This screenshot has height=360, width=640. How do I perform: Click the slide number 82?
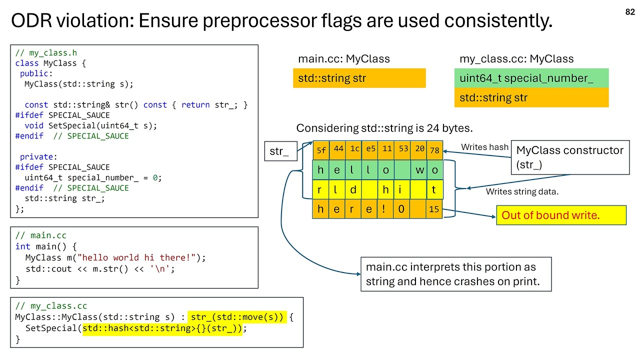630,12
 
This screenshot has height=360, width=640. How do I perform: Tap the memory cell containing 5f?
320,149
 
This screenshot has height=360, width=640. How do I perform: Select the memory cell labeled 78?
434,149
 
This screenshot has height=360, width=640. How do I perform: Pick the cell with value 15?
434,209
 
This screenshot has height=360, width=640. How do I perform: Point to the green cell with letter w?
419,170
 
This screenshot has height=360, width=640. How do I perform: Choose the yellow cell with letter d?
353,190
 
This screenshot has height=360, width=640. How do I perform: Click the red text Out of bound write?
550,215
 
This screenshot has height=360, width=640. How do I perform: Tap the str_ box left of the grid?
279,151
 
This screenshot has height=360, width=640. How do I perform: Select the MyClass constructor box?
569,157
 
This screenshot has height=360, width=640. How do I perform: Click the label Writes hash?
484,147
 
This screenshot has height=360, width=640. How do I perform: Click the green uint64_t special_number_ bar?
531,78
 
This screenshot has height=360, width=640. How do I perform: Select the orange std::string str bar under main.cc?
359,78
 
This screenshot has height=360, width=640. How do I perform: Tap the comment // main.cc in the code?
40,235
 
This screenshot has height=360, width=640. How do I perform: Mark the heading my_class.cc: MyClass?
516,59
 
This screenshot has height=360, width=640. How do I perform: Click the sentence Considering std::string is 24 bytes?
384,128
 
